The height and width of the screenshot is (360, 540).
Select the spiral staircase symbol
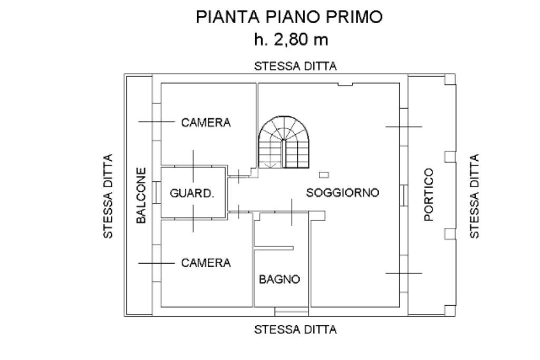coord(284,143)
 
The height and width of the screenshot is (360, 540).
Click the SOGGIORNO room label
coord(342,193)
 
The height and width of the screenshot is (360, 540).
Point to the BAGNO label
coord(279,279)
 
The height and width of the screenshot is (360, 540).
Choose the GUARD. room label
coord(192,193)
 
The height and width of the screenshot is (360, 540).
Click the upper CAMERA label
coord(206,123)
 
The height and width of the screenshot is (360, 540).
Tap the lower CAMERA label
coord(206,262)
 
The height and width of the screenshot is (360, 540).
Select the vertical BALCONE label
coord(141,196)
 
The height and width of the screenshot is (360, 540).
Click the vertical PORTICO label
coord(429,194)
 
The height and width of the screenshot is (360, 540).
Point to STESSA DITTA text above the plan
coord(295,66)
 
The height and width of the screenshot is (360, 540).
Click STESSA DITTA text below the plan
coord(295,330)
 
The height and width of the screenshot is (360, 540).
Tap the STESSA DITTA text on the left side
coord(109,196)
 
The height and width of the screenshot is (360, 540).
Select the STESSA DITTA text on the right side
coord(475,196)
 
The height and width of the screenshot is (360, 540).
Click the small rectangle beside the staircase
coord(324,174)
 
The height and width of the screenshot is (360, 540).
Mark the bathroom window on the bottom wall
coord(291,313)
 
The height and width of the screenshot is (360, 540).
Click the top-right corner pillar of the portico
coord(449,79)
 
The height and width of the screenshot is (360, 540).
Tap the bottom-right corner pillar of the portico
coord(449,311)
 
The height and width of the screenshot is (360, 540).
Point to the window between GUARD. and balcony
coord(157,193)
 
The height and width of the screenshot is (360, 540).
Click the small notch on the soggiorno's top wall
coord(344,84)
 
